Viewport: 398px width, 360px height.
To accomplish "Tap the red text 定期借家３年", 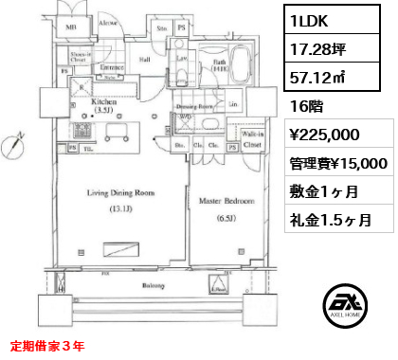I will coord(47,347).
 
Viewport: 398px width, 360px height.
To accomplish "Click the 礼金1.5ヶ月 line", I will coord(331,220).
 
